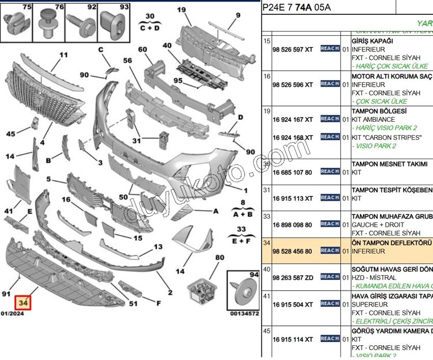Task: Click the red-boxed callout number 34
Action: point(23,302)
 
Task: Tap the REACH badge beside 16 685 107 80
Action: point(330,172)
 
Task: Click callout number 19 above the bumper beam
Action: point(181,9)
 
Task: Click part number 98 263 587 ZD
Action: point(293,277)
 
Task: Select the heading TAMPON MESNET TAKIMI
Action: point(389,164)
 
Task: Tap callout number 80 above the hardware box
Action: point(220,258)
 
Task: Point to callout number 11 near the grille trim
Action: point(63,55)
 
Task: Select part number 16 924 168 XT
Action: point(293,138)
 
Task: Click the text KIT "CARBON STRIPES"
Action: point(387,138)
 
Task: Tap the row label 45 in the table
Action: point(266,331)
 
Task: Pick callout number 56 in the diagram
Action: point(127,60)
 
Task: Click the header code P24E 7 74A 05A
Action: point(296,7)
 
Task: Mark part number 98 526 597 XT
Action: point(293,49)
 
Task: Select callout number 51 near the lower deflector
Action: point(133,304)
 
